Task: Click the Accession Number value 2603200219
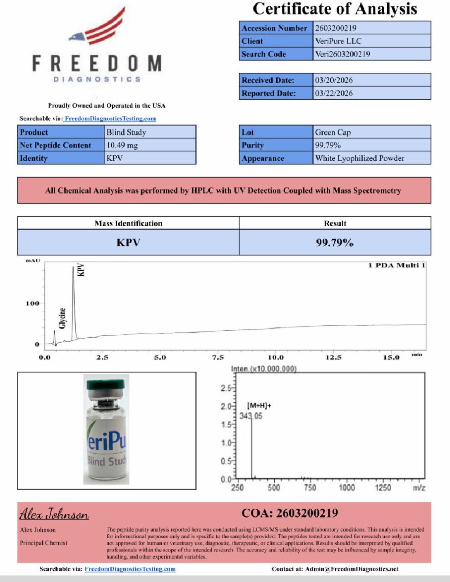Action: coord(335,28)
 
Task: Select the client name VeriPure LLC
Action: coord(338,41)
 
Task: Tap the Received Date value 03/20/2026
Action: coord(334,80)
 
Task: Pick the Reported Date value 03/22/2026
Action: coord(334,93)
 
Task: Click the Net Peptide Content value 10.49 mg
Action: coord(122,145)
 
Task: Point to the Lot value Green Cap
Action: coord(333,132)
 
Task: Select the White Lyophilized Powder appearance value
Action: coord(359,158)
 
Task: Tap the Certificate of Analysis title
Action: coord(335,9)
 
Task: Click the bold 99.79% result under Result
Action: coord(335,243)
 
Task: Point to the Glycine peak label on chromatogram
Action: coord(62,318)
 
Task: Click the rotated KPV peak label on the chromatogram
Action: coord(81,270)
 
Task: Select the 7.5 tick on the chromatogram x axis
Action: coord(218,358)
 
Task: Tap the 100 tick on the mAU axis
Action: coord(33,303)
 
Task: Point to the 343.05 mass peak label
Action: coord(251,416)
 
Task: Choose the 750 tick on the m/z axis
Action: coord(310,488)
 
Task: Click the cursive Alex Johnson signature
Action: coord(54,514)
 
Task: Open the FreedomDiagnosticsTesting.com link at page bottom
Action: coord(130,569)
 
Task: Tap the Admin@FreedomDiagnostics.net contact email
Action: coord(352,569)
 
